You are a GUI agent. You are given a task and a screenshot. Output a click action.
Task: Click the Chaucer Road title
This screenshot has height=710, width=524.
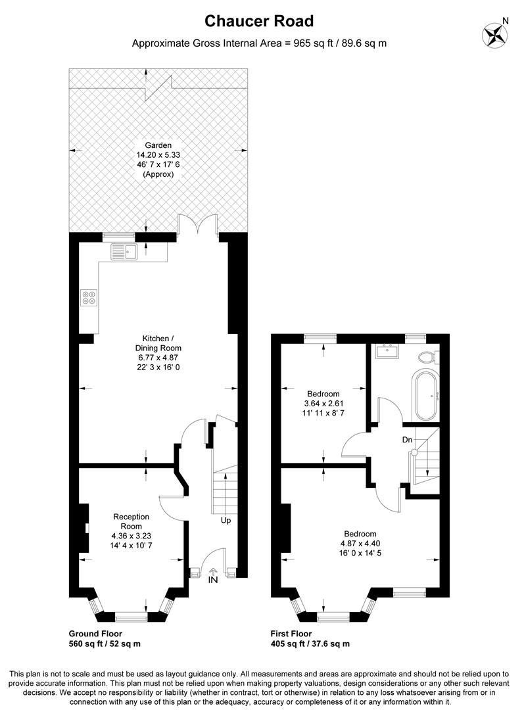point(259,21)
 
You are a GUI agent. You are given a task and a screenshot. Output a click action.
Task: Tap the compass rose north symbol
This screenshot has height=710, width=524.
point(494,34)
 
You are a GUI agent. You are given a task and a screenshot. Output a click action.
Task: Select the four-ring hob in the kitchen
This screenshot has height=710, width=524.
point(89,298)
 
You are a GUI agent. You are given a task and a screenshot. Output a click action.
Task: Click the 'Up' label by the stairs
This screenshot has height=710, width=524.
point(226,520)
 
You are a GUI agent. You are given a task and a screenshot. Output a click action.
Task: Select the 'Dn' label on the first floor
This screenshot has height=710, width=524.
point(407,440)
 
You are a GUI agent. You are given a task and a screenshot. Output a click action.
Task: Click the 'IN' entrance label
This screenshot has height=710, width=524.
point(213,580)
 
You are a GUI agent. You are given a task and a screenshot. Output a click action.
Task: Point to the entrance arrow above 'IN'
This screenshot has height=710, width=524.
point(213,572)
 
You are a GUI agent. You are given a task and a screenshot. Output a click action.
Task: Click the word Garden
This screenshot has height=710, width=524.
point(158,145)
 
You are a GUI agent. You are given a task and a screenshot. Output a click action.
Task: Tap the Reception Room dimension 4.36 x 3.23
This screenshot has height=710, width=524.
point(131,536)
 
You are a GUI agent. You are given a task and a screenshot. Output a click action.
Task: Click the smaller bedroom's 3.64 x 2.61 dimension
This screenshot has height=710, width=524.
point(323,404)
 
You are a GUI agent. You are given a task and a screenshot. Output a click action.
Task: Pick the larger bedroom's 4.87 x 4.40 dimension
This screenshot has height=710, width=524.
point(360,544)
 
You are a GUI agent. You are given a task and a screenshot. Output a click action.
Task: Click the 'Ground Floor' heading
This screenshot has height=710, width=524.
point(95,634)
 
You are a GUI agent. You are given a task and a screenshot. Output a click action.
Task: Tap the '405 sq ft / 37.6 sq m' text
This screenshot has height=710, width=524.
point(310,644)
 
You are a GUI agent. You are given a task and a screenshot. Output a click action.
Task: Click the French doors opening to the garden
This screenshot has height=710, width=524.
point(198,225)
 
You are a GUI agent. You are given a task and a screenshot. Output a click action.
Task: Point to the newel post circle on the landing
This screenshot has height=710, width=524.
point(414,452)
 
